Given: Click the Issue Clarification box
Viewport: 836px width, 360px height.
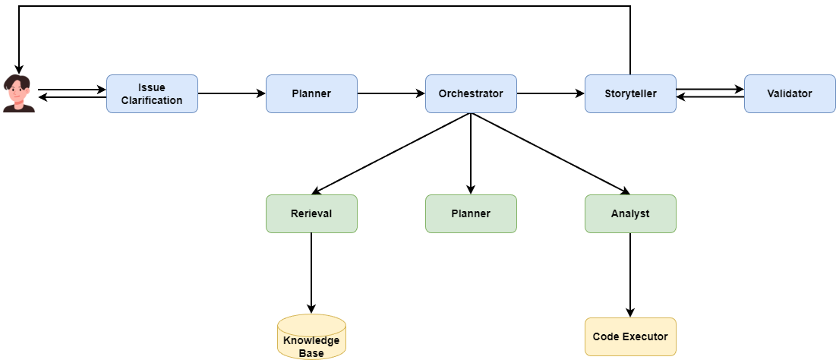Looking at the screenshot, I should [152, 93].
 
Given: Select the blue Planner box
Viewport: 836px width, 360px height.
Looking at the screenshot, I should [311, 93].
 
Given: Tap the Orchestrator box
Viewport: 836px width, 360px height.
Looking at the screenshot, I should [471, 93].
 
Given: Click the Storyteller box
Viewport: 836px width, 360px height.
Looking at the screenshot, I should [630, 93].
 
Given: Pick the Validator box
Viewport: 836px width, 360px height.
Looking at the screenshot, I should [790, 93].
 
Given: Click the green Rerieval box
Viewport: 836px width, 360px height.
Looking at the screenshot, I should [311, 213].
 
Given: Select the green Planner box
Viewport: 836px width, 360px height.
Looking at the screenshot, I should [471, 213].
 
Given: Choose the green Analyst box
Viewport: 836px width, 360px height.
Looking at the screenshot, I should [630, 213].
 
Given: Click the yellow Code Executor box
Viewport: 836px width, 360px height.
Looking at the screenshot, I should [630, 336].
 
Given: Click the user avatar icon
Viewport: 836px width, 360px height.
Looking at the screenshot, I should [19, 94].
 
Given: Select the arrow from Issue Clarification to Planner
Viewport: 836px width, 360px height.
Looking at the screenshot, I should [232, 93].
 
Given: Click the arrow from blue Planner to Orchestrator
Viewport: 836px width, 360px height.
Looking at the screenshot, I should [391, 93].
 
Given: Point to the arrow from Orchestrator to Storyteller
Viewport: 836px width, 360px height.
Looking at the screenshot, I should [550, 93].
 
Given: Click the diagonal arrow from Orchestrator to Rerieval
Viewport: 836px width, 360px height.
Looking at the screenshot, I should [391, 154].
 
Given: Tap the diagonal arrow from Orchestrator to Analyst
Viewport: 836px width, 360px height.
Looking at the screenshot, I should [550, 154].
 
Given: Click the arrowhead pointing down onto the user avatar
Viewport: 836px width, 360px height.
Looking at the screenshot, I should [19, 69].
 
